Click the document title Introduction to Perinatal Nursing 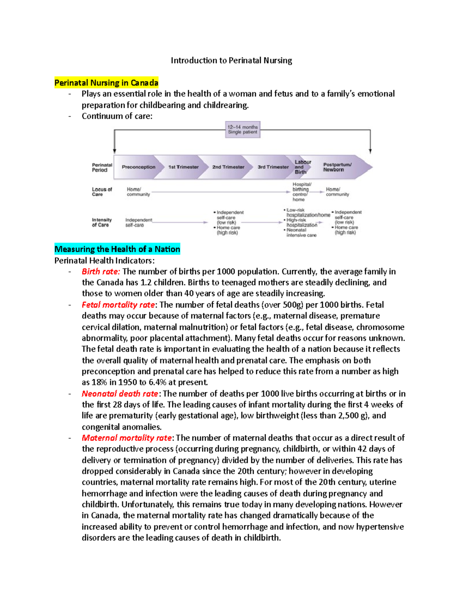[231, 60]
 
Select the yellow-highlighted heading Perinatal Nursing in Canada [106, 83]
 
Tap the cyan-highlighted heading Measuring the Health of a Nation [117, 249]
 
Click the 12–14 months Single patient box [242, 129]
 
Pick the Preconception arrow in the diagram [138, 167]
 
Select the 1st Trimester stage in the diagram [183, 167]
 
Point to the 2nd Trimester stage [228, 167]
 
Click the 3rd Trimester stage [273, 167]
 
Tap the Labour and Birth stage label [302, 167]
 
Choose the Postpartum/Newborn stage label [337, 167]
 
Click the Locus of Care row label [101, 192]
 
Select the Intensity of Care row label [101, 222]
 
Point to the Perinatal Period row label [102, 167]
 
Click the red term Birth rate [101, 272]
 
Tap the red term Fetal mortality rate [118, 305]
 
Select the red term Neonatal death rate [120, 394]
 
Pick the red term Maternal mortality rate [127, 438]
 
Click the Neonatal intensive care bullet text [301, 233]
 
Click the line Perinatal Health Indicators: [104, 260]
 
